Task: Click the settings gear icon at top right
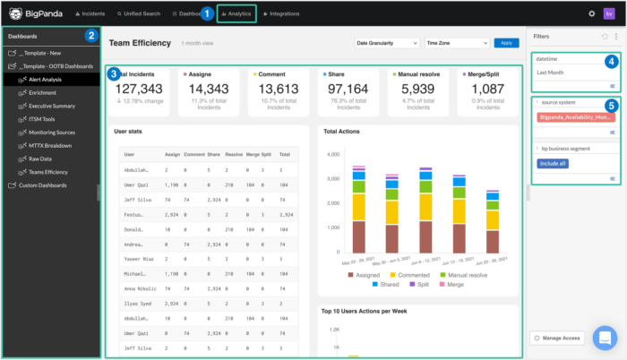pos(591,14)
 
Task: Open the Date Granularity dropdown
pos(386,43)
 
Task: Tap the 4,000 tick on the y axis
pos(333,153)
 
